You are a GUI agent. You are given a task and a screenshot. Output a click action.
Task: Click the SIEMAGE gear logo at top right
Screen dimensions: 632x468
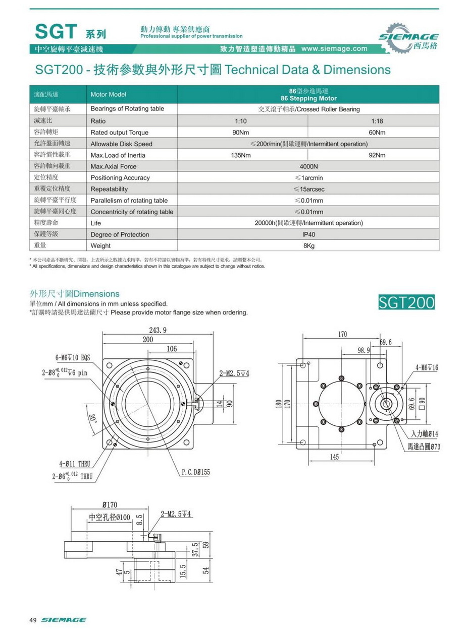coord(408,38)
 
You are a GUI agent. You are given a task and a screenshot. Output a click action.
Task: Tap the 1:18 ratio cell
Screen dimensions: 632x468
coord(378,121)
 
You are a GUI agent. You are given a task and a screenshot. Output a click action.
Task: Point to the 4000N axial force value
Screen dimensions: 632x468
coord(309,166)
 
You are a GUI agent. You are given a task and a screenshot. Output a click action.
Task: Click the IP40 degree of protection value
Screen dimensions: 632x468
coord(309,234)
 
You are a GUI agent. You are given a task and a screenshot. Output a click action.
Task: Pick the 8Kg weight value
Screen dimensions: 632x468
coord(309,246)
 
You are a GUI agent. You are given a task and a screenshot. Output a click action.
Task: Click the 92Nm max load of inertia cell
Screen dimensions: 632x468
coord(377,155)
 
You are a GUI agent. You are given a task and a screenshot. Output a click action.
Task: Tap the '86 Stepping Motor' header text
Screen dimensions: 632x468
coord(309,98)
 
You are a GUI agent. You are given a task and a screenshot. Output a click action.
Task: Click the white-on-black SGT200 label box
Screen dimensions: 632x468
coord(406,302)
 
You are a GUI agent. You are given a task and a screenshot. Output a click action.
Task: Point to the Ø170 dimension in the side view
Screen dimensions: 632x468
coord(110,505)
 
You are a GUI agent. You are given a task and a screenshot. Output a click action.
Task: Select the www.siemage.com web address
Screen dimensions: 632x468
coord(334,49)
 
